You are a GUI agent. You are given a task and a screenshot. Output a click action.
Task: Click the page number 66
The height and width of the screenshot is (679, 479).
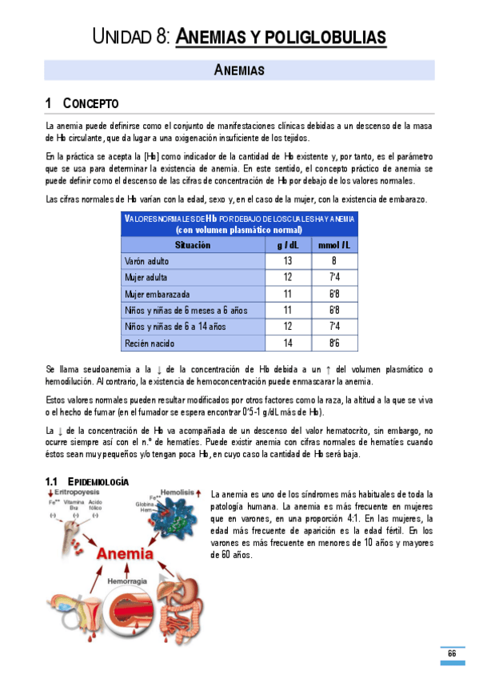coord(452,653)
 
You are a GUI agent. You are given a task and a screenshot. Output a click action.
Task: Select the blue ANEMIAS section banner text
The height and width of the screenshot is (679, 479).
coord(239,70)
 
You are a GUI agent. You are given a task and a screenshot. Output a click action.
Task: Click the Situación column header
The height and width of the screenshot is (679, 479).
coord(193,245)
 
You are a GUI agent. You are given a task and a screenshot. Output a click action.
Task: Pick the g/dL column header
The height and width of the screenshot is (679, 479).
coord(287,245)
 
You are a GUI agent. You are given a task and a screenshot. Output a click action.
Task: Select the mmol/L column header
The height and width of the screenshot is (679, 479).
coord(333,245)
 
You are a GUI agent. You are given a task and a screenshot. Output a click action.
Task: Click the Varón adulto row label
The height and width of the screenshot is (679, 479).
coord(147,261)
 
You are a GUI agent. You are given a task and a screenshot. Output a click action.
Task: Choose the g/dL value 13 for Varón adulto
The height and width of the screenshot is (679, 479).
coord(287,261)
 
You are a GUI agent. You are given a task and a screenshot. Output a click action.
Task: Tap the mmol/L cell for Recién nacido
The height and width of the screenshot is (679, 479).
coord(333,343)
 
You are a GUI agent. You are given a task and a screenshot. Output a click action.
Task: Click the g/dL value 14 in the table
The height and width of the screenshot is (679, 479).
coord(287,343)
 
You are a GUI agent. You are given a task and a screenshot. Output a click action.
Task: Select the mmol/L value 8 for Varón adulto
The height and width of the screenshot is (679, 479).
coord(333,261)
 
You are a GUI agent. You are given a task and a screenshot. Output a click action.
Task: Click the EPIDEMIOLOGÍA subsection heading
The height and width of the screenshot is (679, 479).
coord(97,480)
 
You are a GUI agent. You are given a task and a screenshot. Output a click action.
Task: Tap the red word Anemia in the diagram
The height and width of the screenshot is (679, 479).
coord(126,552)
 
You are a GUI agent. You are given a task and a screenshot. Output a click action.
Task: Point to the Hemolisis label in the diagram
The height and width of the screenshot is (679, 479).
coord(176,494)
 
